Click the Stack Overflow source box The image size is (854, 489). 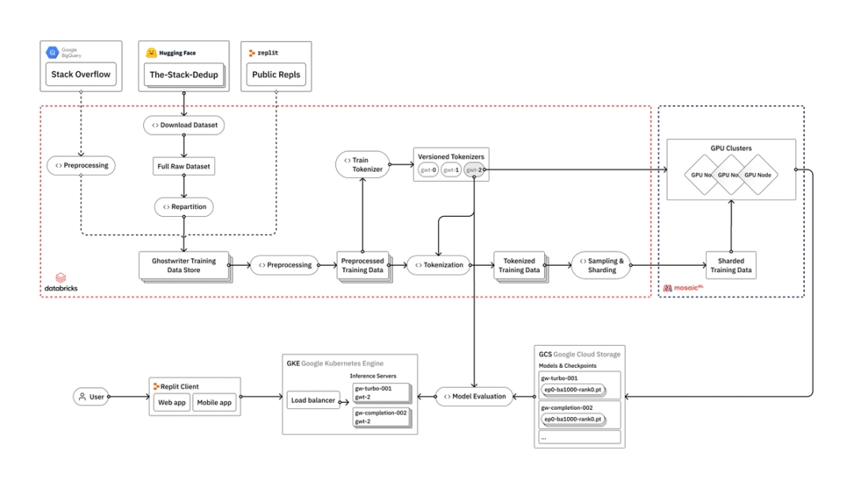(x=81, y=75)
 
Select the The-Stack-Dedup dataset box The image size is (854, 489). (x=183, y=75)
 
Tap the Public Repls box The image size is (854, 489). (x=276, y=75)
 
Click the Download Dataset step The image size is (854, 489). (x=183, y=125)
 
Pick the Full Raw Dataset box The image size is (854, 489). (x=183, y=167)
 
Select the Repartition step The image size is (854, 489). (x=183, y=207)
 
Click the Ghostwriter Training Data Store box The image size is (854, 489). (x=183, y=265)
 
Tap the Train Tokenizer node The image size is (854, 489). (x=362, y=165)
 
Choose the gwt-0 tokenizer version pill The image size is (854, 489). (x=428, y=170)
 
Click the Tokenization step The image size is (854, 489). (x=438, y=265)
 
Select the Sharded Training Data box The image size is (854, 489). (x=730, y=265)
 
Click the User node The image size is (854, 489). (x=91, y=397)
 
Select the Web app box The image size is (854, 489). (x=172, y=403)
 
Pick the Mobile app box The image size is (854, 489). (x=213, y=403)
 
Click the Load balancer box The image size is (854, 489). (x=312, y=400)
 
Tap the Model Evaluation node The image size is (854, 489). (x=474, y=396)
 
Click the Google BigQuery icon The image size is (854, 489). (x=54, y=52)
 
